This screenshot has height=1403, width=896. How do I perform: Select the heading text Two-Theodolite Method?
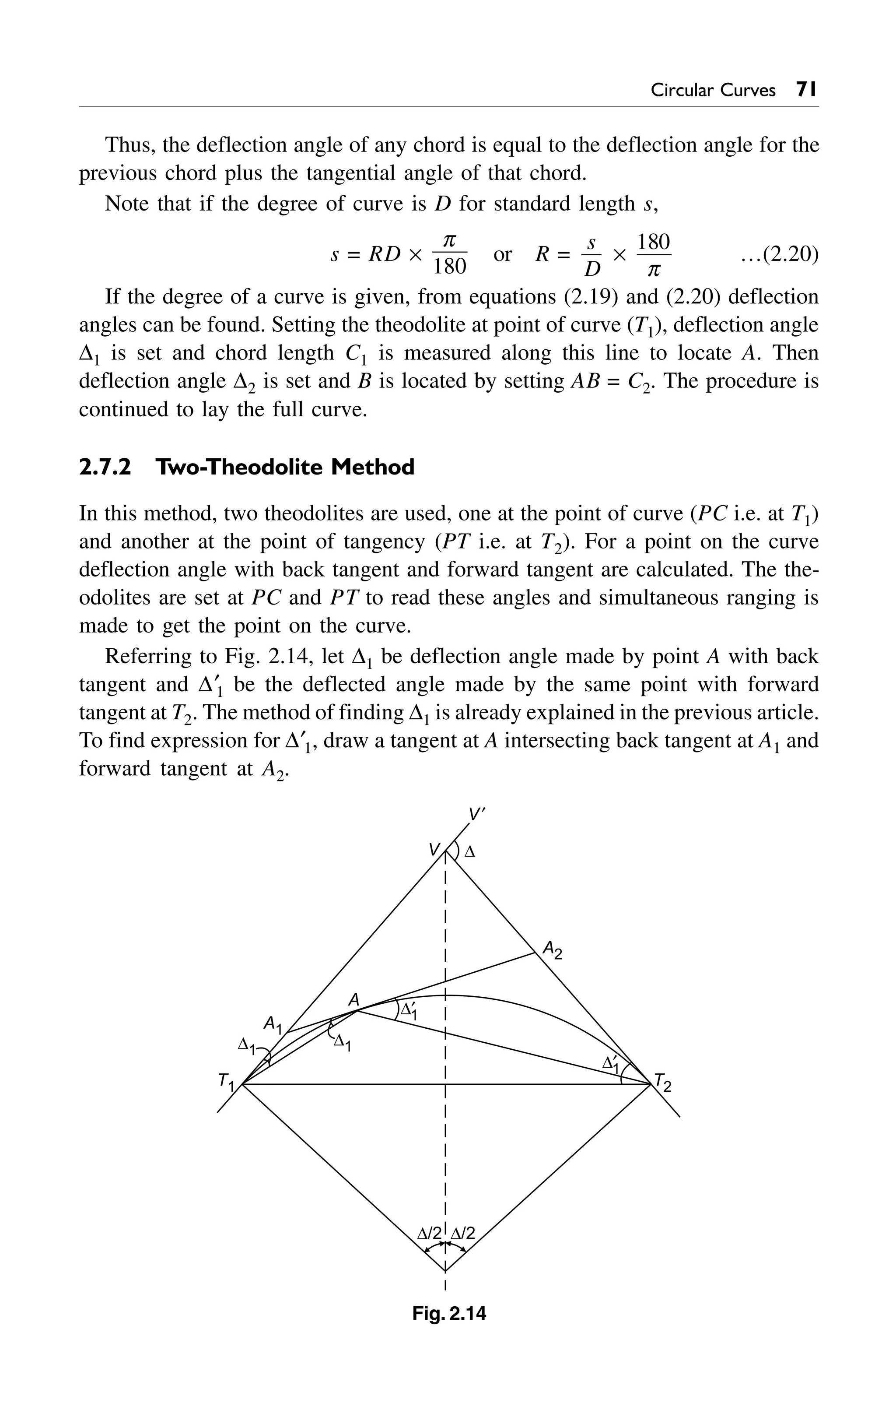[285, 467]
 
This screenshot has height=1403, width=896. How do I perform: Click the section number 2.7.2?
[105, 467]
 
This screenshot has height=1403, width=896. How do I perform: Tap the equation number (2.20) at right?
[780, 255]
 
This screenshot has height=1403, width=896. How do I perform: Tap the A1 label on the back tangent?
[272, 1024]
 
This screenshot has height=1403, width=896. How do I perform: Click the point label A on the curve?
[353, 1000]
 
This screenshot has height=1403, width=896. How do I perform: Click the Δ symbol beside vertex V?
[469, 852]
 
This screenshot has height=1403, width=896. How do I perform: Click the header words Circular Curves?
[713, 90]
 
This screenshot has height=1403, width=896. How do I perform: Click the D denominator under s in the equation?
[591, 269]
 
